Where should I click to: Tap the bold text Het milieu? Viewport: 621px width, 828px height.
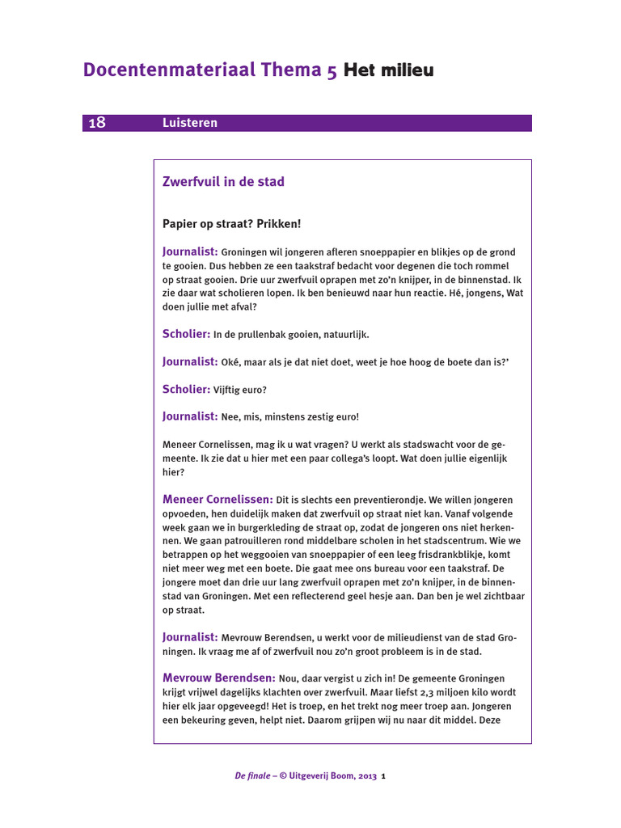(x=389, y=70)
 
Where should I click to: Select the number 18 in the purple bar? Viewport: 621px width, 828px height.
(x=96, y=123)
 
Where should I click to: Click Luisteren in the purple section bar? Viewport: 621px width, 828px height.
(x=189, y=123)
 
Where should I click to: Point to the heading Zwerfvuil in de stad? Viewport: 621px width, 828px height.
(x=223, y=182)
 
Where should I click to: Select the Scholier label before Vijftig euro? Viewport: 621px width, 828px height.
(x=186, y=389)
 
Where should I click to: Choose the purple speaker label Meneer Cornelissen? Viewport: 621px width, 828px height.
(x=218, y=500)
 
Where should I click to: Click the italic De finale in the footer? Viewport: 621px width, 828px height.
(x=252, y=776)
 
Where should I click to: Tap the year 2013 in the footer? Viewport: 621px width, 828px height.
(x=366, y=776)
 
